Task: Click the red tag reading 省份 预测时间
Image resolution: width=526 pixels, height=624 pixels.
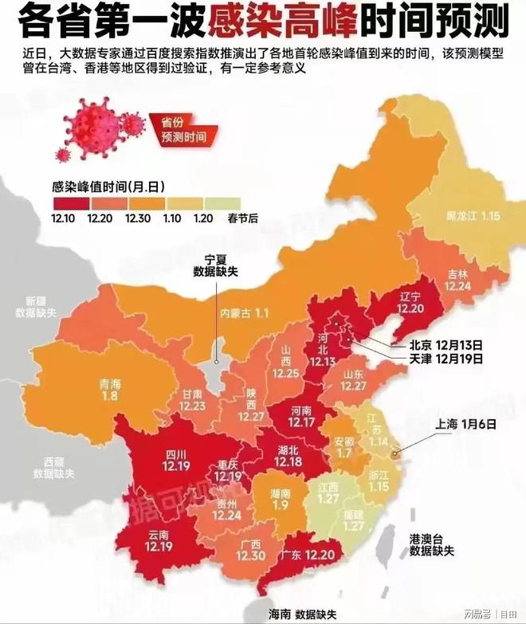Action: pyautogui.click(x=183, y=130)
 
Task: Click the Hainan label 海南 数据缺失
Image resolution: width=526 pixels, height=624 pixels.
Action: pyautogui.click(x=303, y=614)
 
